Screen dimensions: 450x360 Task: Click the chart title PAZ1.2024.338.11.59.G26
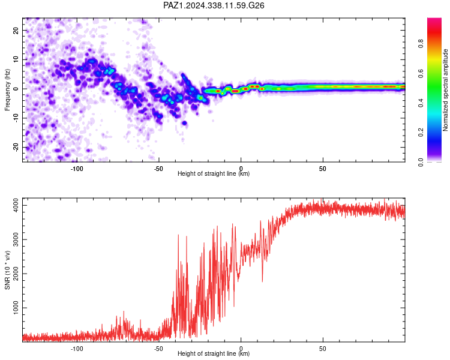pos(214,5)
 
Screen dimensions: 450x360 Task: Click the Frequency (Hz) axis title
pos(7,89)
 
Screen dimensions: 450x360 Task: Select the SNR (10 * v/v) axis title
pos(7,270)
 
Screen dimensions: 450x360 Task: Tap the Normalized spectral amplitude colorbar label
pos(445,90)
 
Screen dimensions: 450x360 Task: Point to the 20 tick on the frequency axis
pos(16,30)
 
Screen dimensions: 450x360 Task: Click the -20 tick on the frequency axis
pos(16,148)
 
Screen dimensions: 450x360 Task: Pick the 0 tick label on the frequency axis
pos(16,89)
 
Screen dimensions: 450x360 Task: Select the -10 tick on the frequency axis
pos(16,118)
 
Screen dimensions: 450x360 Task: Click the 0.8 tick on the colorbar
pos(421,44)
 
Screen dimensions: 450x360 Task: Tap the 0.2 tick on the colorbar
pos(421,133)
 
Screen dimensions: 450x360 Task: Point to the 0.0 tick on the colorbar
pos(421,162)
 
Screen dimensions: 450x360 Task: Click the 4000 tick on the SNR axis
pos(16,206)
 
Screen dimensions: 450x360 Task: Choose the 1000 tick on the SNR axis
pos(16,308)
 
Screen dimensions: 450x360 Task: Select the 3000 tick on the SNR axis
pos(16,239)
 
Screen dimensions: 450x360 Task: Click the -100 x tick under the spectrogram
pos(77,169)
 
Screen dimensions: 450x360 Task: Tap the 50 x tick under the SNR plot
pos(323,349)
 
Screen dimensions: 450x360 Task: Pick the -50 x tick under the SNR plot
pos(158,349)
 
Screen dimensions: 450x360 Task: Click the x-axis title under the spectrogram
pos(214,173)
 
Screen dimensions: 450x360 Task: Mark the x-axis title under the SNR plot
pos(214,353)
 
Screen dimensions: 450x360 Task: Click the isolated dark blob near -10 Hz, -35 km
pos(184,123)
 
